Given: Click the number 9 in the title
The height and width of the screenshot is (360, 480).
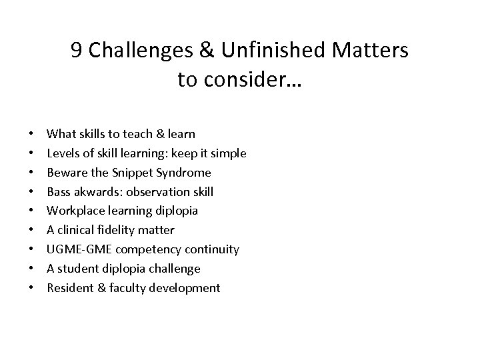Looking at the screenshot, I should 77,51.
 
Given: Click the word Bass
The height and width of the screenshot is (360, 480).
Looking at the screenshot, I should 59,192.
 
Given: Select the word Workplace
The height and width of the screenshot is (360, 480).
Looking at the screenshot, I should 74,211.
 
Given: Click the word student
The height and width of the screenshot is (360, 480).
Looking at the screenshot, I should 77,269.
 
